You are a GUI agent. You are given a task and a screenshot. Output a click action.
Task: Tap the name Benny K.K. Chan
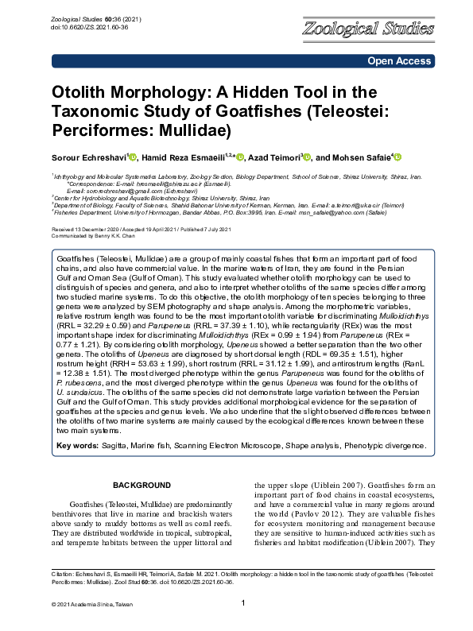(x=116, y=236)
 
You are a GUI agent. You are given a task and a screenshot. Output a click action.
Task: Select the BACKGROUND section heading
(x=142, y=485)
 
